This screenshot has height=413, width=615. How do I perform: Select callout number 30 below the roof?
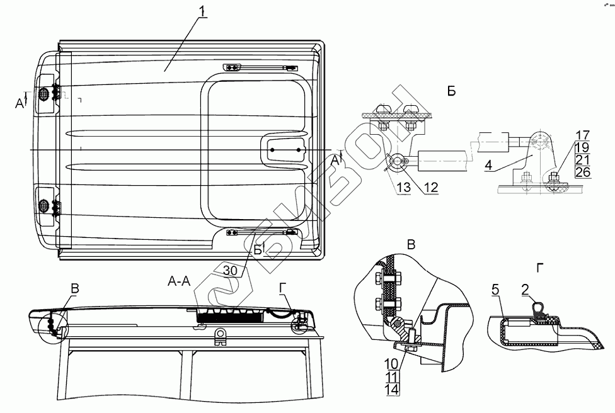click(231, 268)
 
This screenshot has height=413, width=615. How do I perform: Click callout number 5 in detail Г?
click(495, 291)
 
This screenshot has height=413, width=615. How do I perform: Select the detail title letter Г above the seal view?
click(539, 268)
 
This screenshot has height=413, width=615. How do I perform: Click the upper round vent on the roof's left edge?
click(44, 94)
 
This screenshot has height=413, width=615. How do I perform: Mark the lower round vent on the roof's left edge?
click(44, 205)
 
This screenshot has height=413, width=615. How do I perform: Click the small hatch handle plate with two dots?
click(285, 150)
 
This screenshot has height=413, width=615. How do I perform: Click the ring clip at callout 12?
click(396, 163)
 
